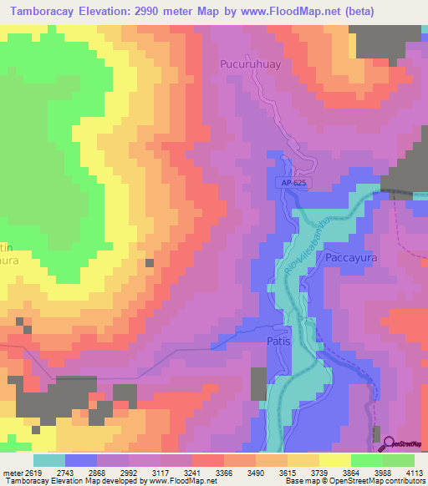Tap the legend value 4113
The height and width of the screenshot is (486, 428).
[409, 473]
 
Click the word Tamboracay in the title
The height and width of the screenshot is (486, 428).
[51, 12]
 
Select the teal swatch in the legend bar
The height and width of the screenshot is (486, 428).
[49, 460]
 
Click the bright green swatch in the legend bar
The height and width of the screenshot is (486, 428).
[367, 460]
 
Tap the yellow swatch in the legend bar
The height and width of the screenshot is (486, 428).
[335, 460]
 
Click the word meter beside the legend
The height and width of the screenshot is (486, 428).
[13, 473]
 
